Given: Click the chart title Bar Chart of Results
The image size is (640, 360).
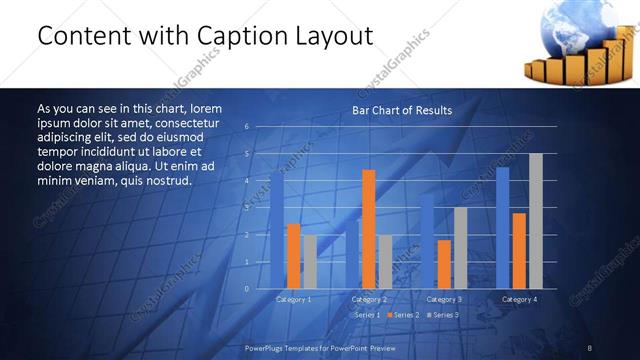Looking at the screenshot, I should pos(401,110).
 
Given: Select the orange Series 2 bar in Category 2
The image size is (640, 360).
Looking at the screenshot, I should pos(369,229).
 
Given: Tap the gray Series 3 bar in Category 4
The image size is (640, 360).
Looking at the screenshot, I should pos(535,221).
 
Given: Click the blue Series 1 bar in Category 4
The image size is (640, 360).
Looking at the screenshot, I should pos(502,228).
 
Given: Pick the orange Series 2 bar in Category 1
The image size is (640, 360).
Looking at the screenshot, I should pos(294,256).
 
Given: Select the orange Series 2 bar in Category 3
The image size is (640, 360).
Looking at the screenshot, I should pos(444,264).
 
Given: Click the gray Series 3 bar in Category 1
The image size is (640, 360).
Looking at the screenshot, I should pos(310,261).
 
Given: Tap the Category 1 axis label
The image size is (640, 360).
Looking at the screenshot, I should pos(294,299).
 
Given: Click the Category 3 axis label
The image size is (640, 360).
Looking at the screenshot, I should pos(444,299).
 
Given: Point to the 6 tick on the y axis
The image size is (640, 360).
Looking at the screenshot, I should pos(246,127).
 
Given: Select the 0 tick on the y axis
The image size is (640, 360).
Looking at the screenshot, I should pos(246,289).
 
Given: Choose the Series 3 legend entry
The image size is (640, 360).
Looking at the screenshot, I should pos(442,315).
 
